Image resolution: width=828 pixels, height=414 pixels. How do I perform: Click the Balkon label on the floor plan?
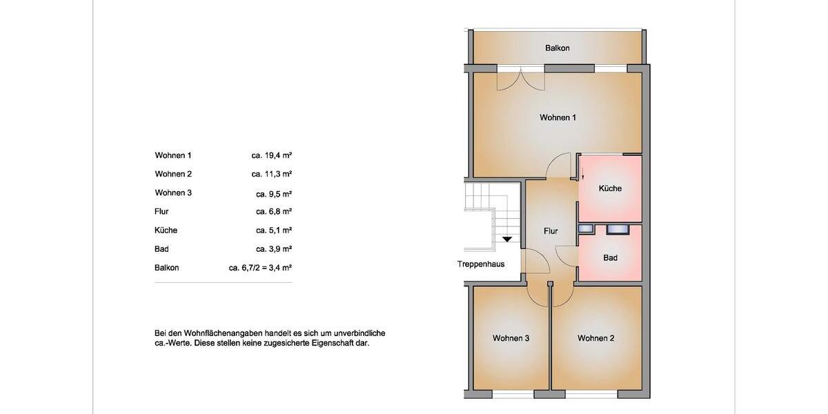coord(558,48)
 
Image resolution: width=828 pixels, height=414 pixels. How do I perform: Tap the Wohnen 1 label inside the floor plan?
coord(558,117)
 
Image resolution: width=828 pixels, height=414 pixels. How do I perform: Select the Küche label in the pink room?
coord(610,188)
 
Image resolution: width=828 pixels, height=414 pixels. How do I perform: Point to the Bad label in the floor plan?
coord(610,258)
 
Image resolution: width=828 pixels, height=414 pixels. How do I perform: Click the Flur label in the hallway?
coord(551,231)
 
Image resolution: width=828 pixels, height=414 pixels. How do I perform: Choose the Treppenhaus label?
coord(481,264)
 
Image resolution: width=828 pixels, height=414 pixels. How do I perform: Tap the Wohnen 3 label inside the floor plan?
coord(511,338)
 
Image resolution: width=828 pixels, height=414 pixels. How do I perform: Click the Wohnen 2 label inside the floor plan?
coord(596,338)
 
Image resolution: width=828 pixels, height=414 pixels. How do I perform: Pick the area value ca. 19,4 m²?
coord(272,155)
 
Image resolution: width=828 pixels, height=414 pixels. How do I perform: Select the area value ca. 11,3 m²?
coord(272,174)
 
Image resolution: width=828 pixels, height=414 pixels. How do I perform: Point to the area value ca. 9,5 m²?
coord(274,193)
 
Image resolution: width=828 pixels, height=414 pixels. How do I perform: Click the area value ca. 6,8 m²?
coord(274,211)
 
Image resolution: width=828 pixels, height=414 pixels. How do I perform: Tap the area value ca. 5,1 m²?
coord(274,230)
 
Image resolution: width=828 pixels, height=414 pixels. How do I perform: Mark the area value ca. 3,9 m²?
coord(274,248)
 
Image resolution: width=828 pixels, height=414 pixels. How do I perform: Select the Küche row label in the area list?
coord(166,230)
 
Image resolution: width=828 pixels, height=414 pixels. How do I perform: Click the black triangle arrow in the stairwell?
coord(508,239)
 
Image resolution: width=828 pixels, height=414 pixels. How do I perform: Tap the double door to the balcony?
coord(522,77)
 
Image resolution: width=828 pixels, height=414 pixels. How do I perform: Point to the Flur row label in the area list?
coord(162,211)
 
